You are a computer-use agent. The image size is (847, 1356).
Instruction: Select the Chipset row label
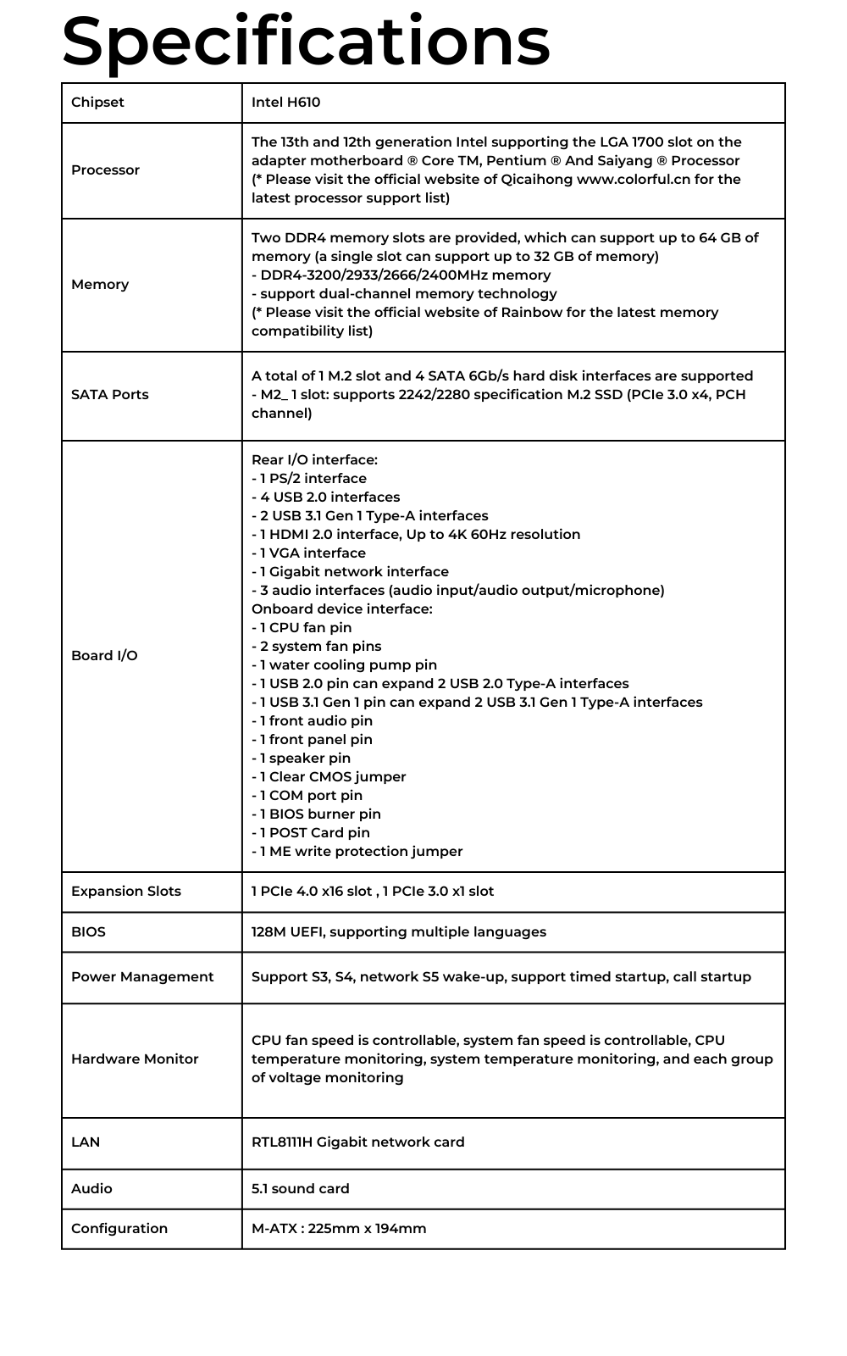pos(97,103)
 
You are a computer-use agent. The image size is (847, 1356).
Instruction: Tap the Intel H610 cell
pos(285,103)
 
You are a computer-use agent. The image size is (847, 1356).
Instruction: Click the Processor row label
pos(105,170)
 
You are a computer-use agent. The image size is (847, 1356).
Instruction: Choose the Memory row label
pos(100,285)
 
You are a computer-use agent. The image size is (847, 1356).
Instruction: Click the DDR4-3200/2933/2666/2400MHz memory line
pos(401,275)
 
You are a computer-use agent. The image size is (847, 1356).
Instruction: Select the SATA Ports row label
pos(109,395)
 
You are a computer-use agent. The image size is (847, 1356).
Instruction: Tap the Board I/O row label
pos(104,656)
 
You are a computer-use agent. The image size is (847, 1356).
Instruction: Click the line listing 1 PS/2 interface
pos(309,479)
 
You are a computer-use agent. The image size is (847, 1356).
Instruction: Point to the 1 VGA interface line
pos(309,553)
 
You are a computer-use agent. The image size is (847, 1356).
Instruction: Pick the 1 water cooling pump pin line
pos(345,665)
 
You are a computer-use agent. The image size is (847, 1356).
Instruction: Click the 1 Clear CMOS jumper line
pos(329,777)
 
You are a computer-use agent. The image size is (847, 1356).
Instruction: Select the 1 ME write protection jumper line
pos(357,852)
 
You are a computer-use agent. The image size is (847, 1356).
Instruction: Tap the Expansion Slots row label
pos(126,892)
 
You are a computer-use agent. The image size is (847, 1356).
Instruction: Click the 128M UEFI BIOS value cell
pos(398,932)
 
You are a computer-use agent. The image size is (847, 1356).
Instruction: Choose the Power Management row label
pos(142,977)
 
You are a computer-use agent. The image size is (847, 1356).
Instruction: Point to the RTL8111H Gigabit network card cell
pos(357,1142)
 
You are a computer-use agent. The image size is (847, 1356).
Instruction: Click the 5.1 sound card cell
pos(300,1189)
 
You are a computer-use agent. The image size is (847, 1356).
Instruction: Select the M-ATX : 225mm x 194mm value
pos(339,1229)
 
